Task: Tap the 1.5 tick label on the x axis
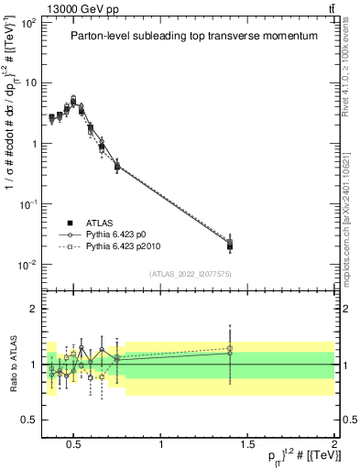coord(247,445)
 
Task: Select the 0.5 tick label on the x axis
coord(75,445)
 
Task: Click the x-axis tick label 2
coord(333,445)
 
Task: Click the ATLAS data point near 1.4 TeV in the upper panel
coord(230,245)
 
